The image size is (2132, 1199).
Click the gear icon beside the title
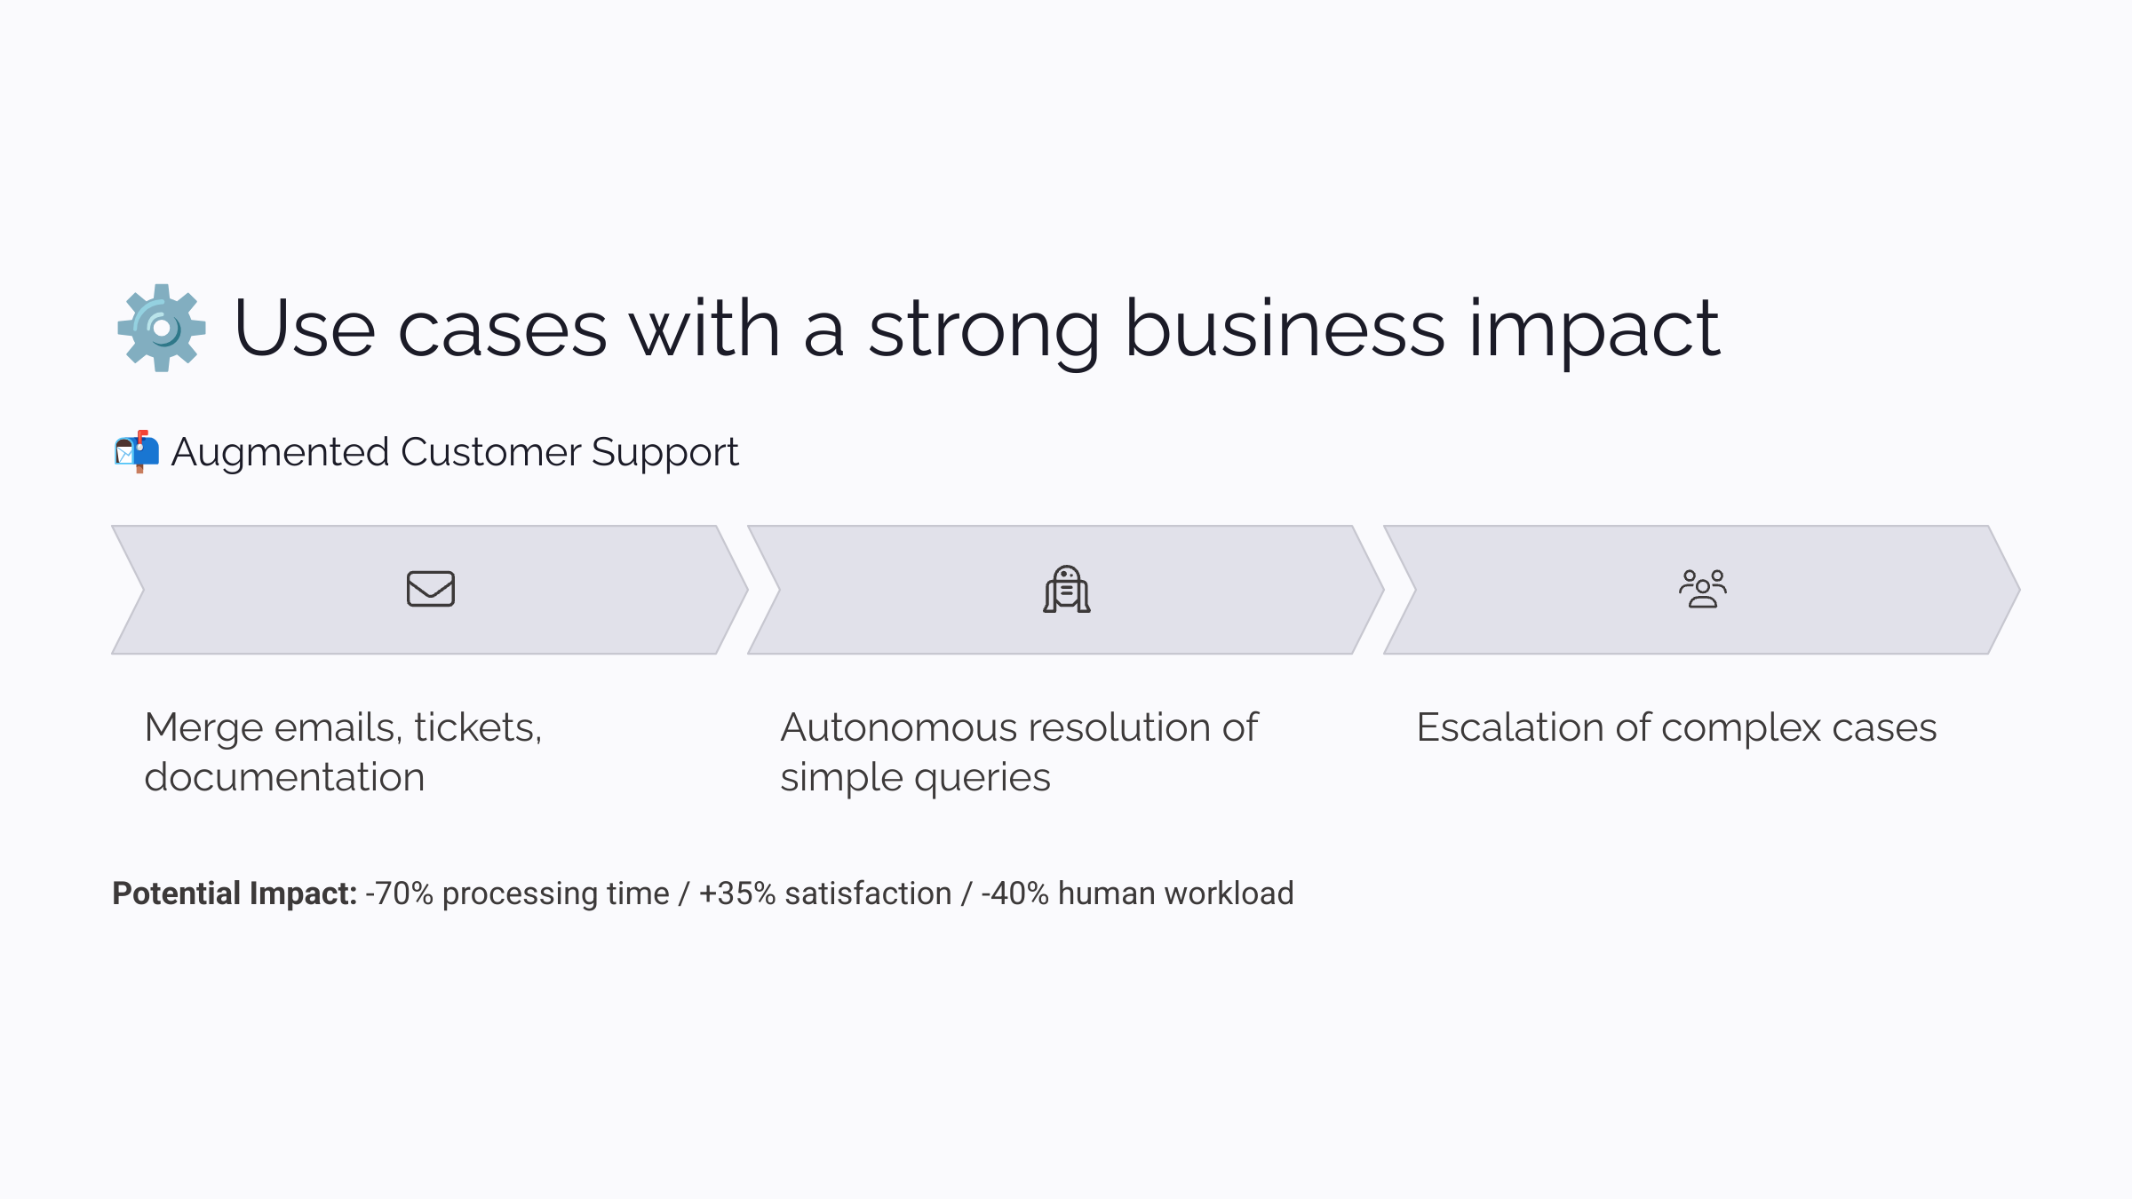(x=162, y=328)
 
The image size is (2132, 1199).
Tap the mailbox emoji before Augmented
(x=137, y=451)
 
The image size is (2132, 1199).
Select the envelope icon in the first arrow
(x=431, y=589)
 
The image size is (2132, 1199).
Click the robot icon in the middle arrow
(x=1067, y=589)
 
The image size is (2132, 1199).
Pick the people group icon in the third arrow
(x=1703, y=589)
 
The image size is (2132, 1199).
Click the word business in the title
(x=1285, y=329)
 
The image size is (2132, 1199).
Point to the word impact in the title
(x=1595, y=329)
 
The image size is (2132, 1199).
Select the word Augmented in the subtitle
(x=280, y=453)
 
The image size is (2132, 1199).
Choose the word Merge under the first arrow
(x=203, y=728)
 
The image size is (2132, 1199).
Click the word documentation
(x=284, y=777)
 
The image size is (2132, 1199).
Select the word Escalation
(x=1510, y=727)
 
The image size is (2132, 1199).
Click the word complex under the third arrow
(x=1741, y=728)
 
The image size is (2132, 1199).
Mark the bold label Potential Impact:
(x=235, y=893)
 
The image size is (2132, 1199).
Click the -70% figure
(x=399, y=893)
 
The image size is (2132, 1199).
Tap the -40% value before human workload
(x=1014, y=893)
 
